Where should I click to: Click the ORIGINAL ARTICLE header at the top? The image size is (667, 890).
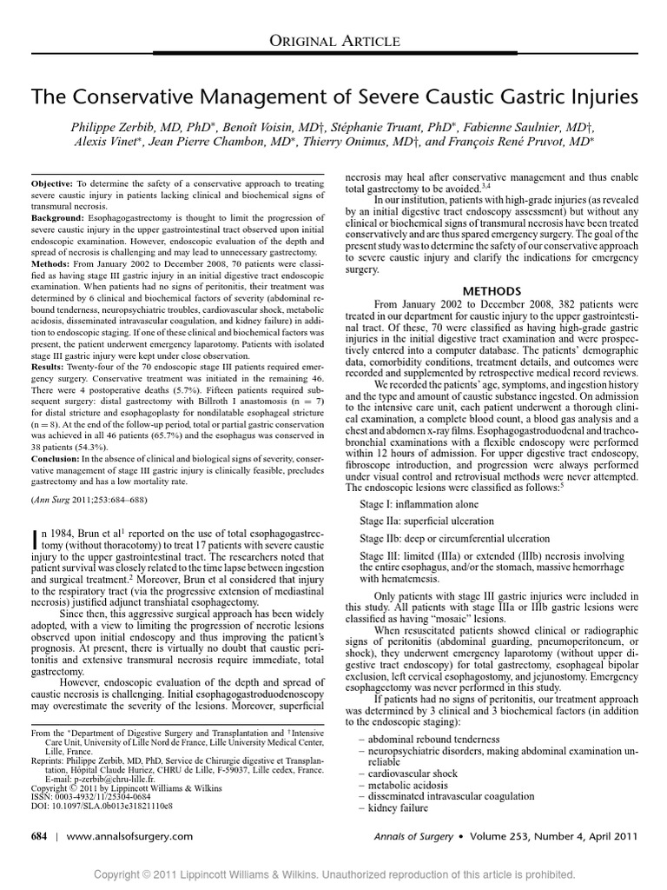pyautogui.click(x=333, y=41)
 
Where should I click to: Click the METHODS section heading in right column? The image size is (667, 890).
pyautogui.click(x=492, y=290)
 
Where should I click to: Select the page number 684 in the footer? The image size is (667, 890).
pyautogui.click(x=42, y=836)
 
